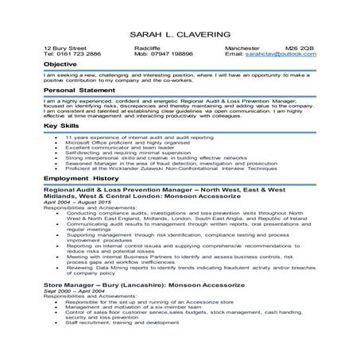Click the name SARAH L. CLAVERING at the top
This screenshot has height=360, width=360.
coord(180,36)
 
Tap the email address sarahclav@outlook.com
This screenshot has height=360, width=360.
coord(281,54)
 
